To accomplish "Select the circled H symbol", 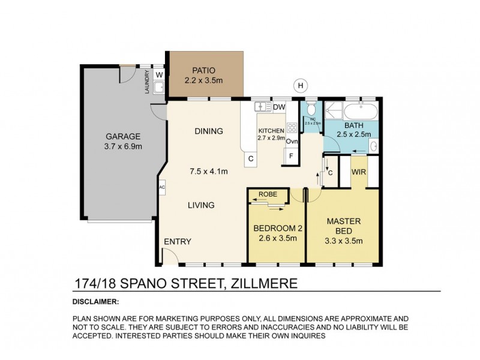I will coord(300,85).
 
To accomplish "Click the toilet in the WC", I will coord(311,112).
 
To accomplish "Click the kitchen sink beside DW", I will coord(262,107).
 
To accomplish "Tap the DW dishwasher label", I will coord(278,107).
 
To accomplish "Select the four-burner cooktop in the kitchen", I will coord(292,127).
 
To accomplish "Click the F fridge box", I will coord(291,156).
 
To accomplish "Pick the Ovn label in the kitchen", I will coord(292,142).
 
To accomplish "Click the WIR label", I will coord(359,173).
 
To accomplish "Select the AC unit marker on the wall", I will coord(161,187).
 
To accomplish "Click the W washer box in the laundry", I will coord(159,74).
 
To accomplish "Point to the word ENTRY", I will coord(177,242).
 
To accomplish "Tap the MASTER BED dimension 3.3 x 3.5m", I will coord(343,241).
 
